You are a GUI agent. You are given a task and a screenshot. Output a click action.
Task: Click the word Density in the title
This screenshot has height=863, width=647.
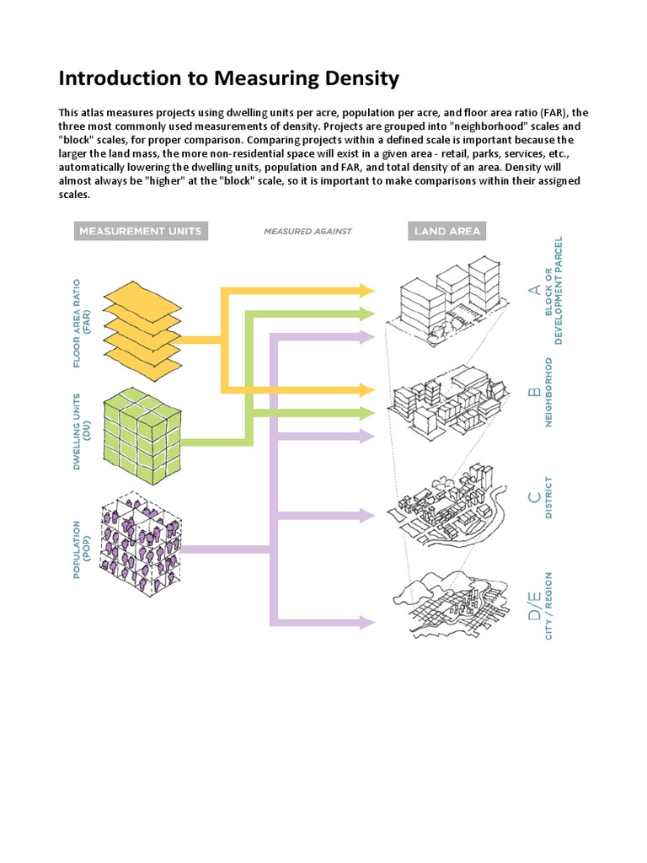350,79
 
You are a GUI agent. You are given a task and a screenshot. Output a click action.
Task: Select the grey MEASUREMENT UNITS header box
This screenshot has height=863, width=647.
140,231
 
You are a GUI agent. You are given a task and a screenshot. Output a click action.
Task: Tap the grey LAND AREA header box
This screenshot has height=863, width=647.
446,231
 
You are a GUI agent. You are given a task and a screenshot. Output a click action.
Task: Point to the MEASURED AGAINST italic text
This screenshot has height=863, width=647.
307,231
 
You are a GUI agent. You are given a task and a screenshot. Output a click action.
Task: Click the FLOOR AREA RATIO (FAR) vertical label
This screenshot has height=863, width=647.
83,323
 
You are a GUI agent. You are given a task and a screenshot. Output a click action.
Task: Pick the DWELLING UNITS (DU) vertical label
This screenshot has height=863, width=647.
83,431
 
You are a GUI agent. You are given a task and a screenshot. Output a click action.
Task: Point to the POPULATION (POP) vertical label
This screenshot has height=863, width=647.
83,549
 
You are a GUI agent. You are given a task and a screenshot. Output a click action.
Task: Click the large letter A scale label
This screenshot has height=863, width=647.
533,290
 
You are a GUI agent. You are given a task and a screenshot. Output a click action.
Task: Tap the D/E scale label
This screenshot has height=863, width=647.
533,606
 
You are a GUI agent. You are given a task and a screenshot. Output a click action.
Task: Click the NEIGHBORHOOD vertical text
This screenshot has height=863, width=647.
549,392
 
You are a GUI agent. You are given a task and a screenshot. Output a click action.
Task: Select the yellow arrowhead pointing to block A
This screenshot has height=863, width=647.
366,291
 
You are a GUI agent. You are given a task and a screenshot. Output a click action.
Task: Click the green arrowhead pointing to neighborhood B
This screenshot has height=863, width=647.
366,413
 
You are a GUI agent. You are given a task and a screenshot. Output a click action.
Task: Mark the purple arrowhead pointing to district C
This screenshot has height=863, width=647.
366,515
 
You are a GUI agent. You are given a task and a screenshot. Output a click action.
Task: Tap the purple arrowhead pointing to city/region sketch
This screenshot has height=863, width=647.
366,623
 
